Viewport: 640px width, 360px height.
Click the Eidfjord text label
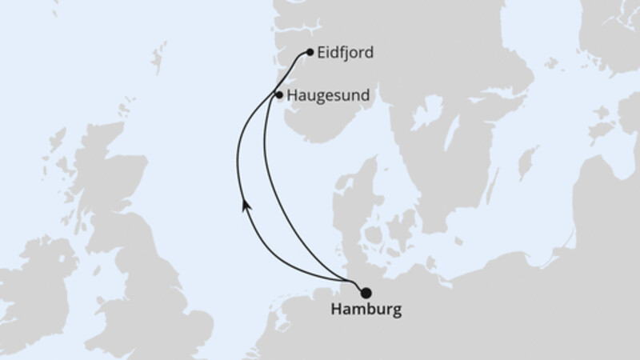(x=346, y=53)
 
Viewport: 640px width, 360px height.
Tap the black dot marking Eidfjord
(x=310, y=53)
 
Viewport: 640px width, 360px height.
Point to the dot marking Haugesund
(x=278, y=95)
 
